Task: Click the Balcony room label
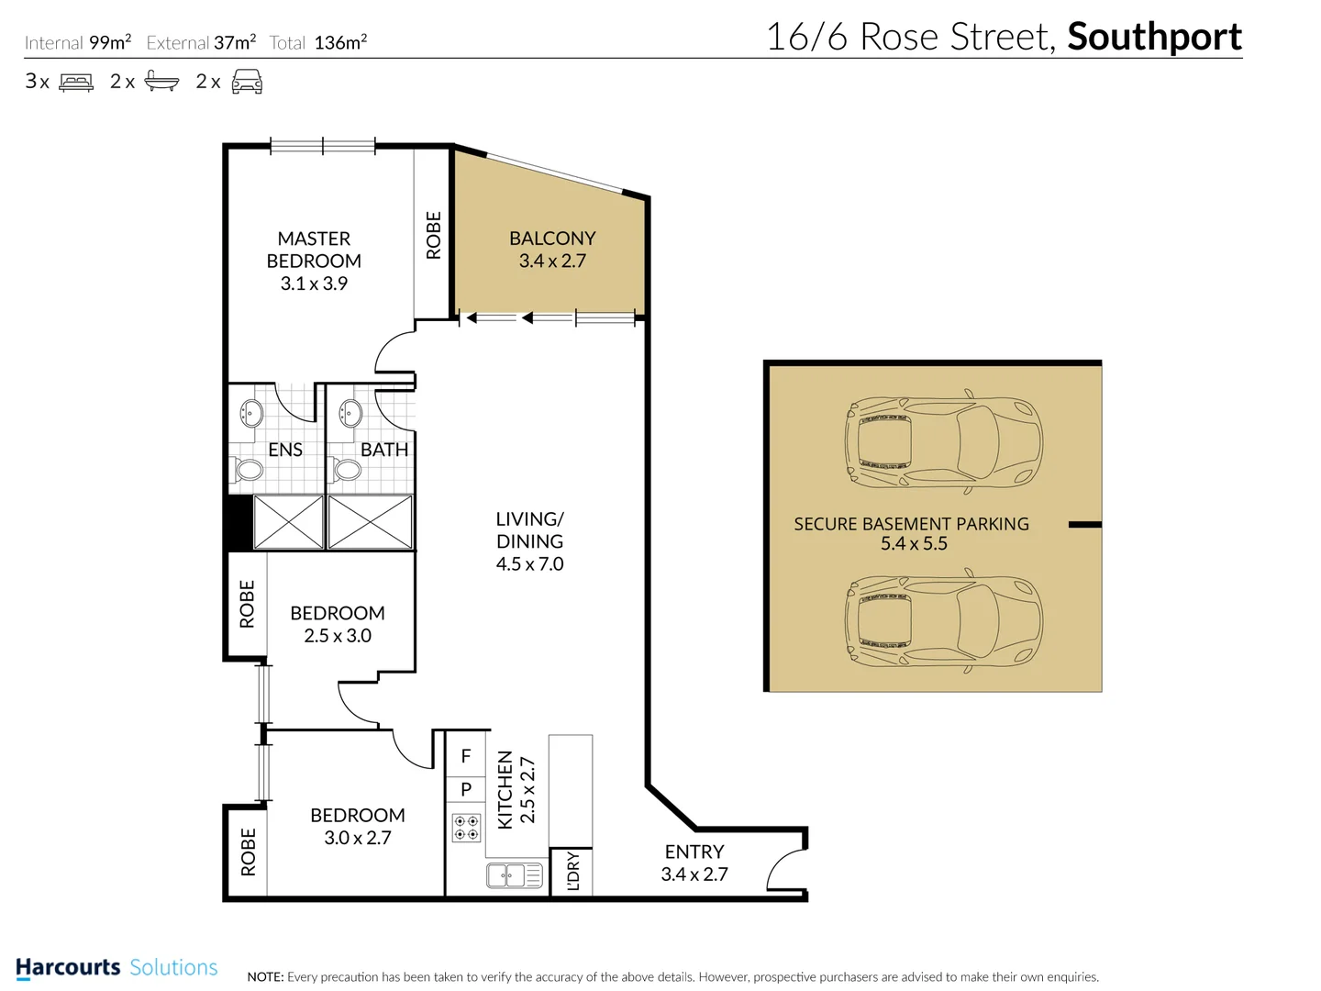(552, 239)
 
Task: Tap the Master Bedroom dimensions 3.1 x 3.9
(314, 284)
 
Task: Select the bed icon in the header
(76, 83)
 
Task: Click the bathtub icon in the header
(161, 82)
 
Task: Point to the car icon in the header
(247, 82)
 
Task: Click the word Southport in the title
(1154, 38)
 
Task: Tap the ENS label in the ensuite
(285, 450)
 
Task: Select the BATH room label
(383, 450)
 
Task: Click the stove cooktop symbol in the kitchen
(466, 828)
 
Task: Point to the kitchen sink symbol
(515, 875)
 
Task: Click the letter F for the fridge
(466, 756)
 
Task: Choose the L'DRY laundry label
(573, 871)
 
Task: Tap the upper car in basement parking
(944, 443)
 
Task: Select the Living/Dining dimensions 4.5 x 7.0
(529, 564)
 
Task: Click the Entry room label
(694, 852)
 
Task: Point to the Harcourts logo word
(68, 967)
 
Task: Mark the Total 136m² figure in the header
(340, 42)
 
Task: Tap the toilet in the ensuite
(250, 471)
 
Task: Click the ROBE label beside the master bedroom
(434, 235)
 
